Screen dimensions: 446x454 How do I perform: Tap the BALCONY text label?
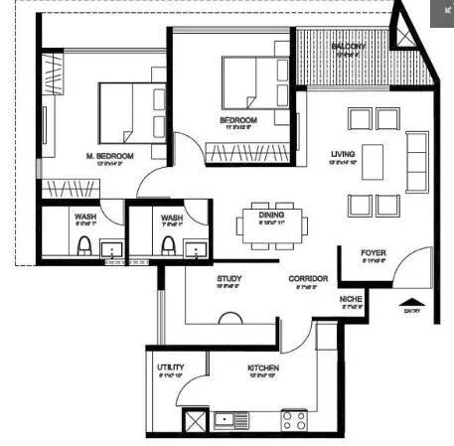349,46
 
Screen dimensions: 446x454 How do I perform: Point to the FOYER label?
373,253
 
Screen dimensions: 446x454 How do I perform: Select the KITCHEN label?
263,369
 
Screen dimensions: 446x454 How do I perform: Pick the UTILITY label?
170,369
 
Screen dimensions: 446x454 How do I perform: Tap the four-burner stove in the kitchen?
293,420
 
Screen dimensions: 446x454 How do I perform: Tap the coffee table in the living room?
373,161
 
